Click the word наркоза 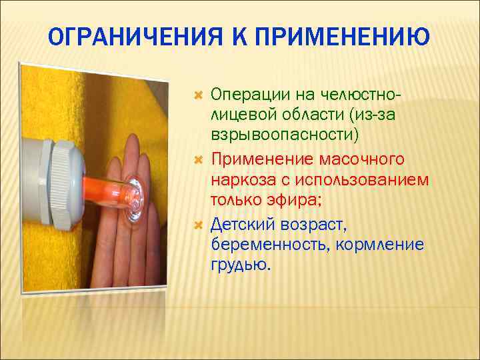(240, 181)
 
